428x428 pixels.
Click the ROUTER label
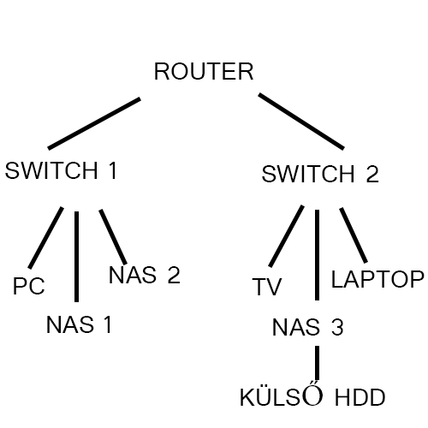click(204, 71)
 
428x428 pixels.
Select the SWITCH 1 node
click(61, 170)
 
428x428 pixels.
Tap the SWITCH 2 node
click(320, 174)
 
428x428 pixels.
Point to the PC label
click(29, 286)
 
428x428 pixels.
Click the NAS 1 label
click(79, 324)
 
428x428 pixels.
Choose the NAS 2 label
click(145, 275)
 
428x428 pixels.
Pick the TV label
click(267, 287)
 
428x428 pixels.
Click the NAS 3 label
click(308, 327)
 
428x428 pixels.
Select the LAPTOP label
click(377, 279)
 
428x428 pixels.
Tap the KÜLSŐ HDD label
click(312, 396)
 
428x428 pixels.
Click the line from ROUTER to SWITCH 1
click(94, 123)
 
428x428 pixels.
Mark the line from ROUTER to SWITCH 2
click(301, 122)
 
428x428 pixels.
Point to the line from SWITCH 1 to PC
click(45, 238)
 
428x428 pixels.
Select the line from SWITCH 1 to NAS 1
click(76, 257)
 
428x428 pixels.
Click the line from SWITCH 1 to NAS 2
click(113, 237)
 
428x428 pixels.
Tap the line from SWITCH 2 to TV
click(286, 236)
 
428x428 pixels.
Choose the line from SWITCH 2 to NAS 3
click(317, 255)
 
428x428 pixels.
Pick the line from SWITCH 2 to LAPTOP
click(354, 235)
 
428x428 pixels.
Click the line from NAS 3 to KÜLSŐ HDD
click(317, 363)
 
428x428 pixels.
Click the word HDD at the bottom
click(360, 397)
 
